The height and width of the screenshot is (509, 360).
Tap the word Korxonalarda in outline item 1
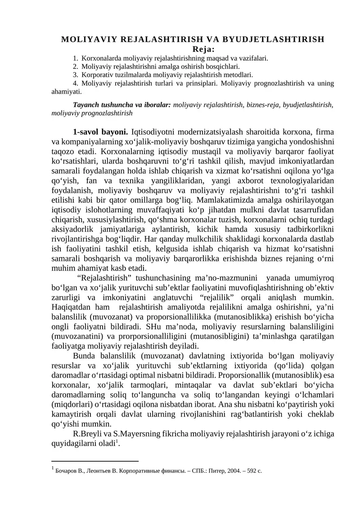coord(99,58)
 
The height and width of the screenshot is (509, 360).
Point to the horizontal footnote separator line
coord(95,461)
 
